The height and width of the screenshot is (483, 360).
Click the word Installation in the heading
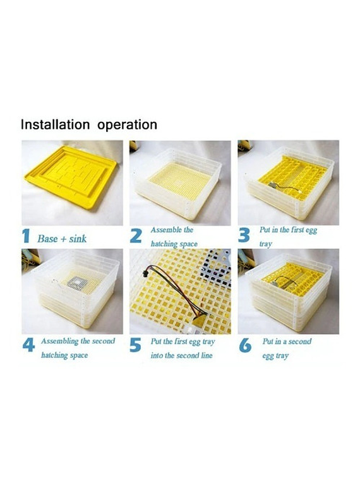[55, 124]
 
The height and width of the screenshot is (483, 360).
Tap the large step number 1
[26, 237]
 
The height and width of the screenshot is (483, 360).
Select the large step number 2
[136, 236]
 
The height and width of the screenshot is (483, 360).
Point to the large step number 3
[244, 236]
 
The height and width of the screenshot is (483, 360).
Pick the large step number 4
[28, 345]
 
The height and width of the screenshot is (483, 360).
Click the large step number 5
[136, 345]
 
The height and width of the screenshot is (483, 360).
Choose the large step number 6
[245, 345]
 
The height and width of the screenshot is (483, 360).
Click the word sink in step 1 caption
[78, 239]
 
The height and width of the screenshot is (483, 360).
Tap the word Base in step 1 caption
[47, 239]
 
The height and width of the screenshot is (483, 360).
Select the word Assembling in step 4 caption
[60, 342]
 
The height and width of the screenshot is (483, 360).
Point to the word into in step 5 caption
[157, 355]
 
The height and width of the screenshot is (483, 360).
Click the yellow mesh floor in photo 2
[177, 182]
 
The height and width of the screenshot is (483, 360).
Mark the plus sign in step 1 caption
[63, 239]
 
